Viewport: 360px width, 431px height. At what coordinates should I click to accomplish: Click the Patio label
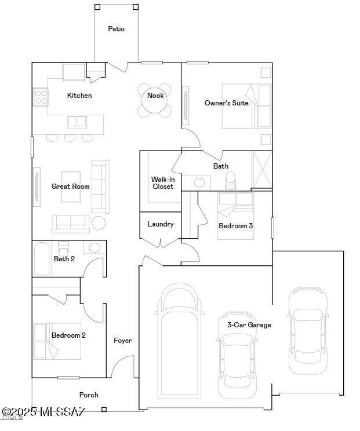click(116, 29)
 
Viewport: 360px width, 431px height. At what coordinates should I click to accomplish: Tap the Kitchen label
click(79, 96)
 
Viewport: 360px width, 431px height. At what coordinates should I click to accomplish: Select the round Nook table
click(155, 100)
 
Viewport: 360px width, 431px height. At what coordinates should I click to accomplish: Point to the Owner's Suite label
click(226, 103)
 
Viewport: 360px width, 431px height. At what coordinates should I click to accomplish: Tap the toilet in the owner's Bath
click(230, 180)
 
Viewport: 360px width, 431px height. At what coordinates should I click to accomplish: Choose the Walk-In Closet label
click(163, 183)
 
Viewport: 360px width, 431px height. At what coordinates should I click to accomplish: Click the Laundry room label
click(161, 224)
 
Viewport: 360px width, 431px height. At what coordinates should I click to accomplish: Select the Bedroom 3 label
click(235, 226)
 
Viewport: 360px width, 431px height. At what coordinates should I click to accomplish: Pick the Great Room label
click(70, 187)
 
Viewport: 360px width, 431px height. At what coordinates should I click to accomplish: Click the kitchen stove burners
click(41, 97)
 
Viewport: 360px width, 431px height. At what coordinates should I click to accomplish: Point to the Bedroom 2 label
click(68, 335)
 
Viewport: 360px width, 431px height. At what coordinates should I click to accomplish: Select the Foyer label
click(122, 341)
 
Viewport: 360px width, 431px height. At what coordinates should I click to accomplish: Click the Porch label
click(89, 395)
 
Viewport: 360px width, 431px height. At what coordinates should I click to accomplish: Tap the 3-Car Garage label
click(249, 325)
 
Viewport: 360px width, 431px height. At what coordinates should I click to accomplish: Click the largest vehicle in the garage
click(180, 342)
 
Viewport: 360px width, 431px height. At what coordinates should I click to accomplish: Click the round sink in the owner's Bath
click(200, 183)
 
